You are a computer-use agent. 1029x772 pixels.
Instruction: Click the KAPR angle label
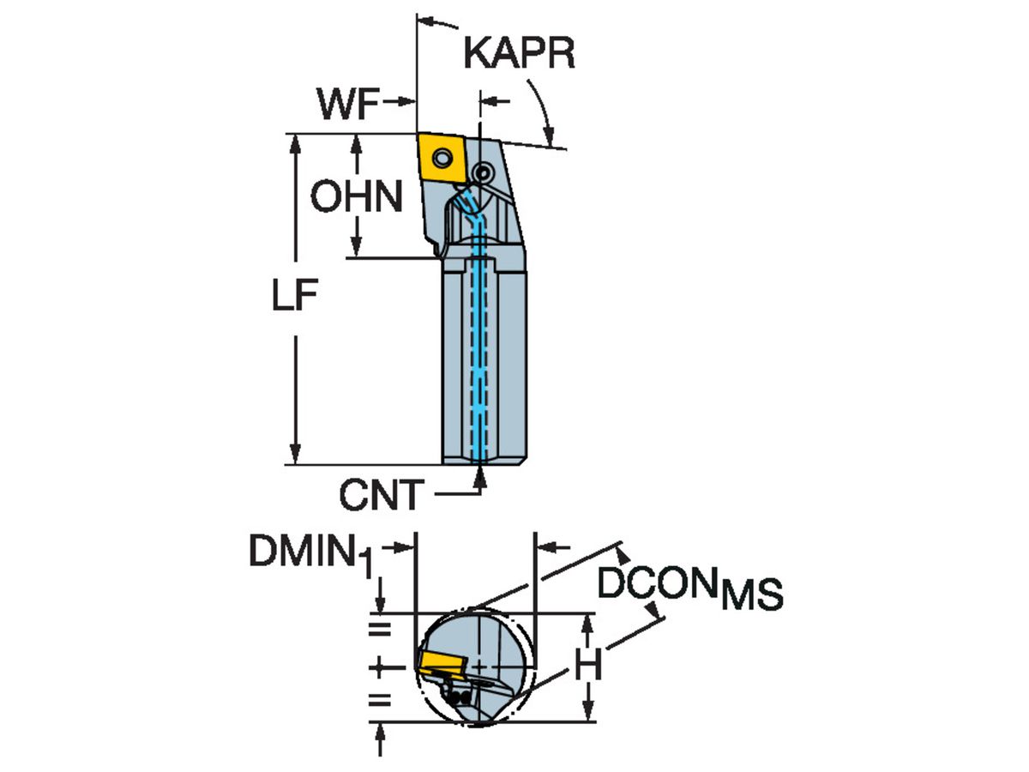(x=518, y=53)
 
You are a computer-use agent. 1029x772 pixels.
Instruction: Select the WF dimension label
(x=347, y=106)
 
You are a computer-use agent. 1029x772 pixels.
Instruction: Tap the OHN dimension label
(x=356, y=198)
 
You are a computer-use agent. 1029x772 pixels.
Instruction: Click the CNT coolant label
(x=381, y=495)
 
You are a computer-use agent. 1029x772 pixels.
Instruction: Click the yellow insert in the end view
(x=440, y=661)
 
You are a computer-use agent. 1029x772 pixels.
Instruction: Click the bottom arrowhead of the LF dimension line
(x=296, y=454)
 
